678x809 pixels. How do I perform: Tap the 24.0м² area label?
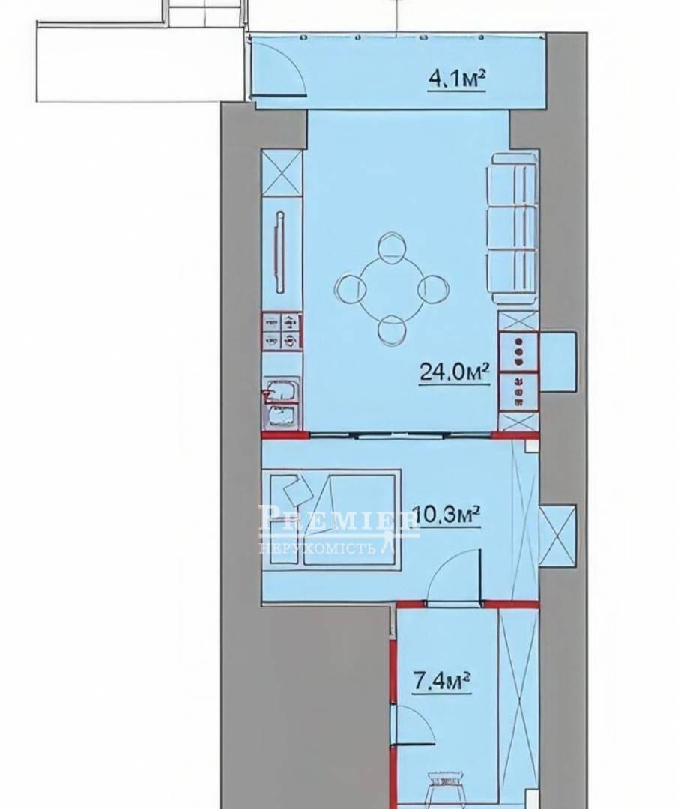click(x=454, y=372)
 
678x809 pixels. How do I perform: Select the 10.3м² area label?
click(x=448, y=515)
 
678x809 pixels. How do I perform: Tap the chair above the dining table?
click(x=391, y=246)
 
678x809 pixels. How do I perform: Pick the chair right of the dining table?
click(x=432, y=289)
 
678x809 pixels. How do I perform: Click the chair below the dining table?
click(x=391, y=331)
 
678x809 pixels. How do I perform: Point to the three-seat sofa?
click(x=512, y=228)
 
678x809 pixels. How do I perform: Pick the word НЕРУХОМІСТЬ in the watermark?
click(x=318, y=547)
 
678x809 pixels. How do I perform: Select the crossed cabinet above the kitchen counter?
click(x=282, y=173)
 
